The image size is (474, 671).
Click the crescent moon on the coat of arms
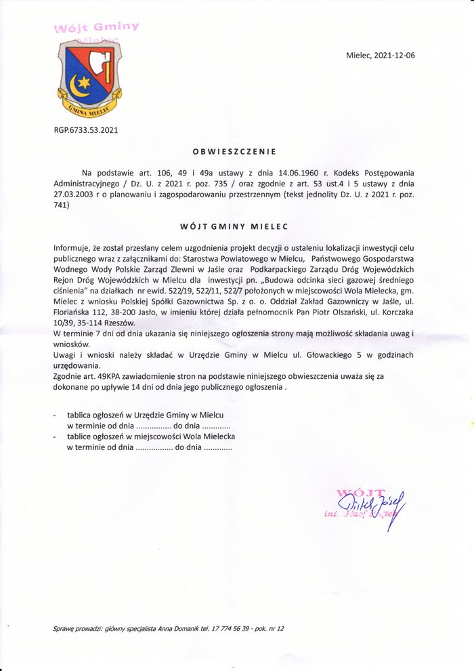78,86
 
